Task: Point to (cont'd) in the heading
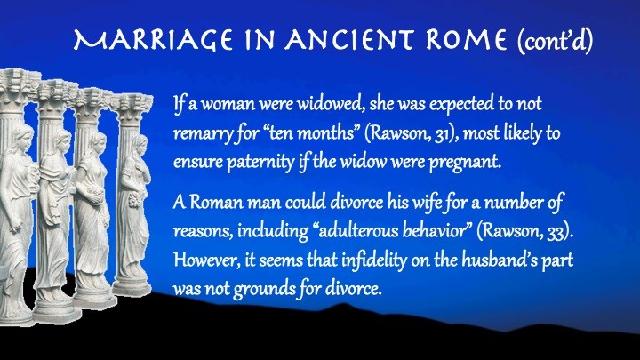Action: (555, 41)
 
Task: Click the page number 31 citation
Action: (441, 134)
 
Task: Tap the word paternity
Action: (260, 163)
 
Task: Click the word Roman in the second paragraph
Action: (216, 203)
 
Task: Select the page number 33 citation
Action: (556, 232)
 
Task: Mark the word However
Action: (206, 260)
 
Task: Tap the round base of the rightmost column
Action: (131, 288)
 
